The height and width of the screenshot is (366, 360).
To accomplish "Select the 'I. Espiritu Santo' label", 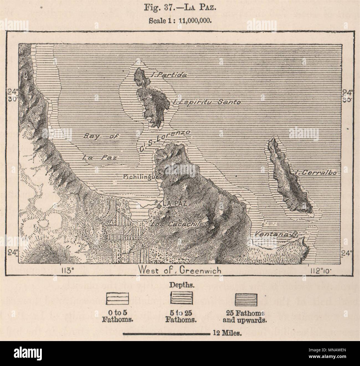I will pos(206,102).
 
